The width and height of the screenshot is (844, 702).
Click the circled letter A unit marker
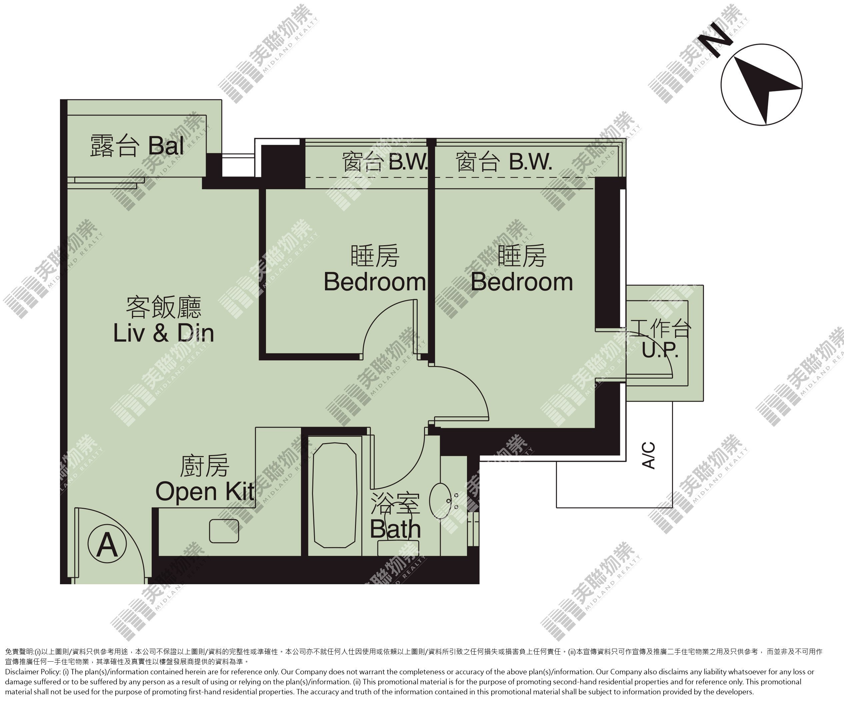107,544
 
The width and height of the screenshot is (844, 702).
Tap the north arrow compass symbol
762,85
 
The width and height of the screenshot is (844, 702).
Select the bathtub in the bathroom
334,495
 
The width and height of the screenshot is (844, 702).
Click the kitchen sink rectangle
224,531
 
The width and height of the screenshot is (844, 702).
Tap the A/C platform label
649,455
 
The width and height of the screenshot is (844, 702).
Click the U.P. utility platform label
660,350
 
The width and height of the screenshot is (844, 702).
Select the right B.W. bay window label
531,162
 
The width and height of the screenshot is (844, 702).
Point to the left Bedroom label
375,282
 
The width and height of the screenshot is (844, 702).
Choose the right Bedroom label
522,282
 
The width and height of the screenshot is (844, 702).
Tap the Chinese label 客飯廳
164,308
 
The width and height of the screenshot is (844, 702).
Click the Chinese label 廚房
204,466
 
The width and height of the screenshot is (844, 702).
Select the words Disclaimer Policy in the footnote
33,672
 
